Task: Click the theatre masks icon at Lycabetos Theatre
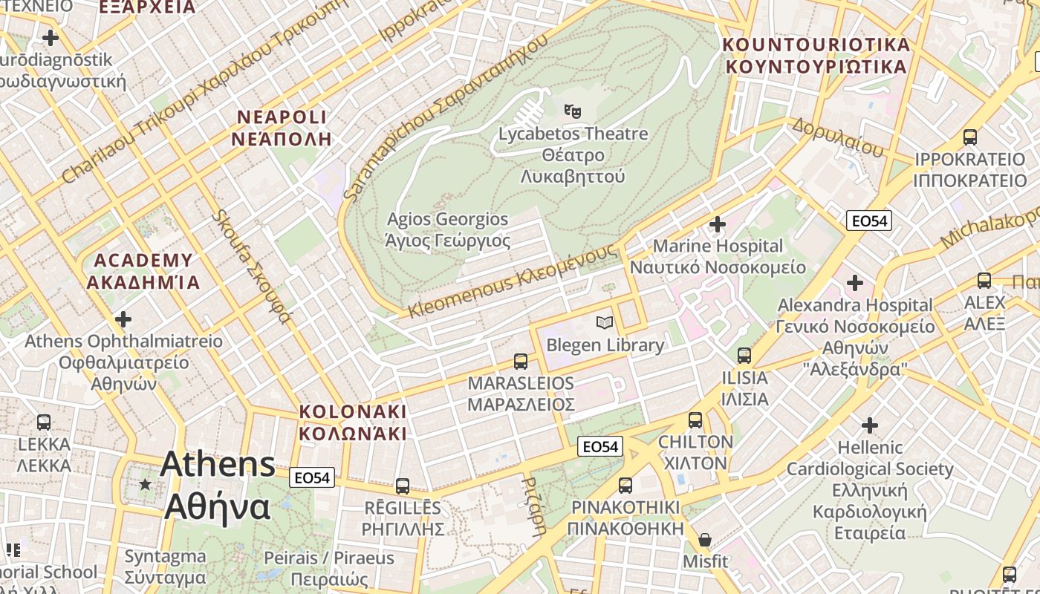pos(572,111)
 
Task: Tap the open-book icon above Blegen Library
pos(605,323)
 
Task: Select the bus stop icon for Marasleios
pos(521,362)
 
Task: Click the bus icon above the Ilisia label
pos(744,356)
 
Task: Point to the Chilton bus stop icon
pos(695,420)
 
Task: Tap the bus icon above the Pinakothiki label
pos(625,486)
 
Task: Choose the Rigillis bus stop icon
pos(403,486)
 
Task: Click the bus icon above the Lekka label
pos(44,422)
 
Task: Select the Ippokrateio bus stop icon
pos(969,137)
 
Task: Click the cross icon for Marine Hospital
pos(718,223)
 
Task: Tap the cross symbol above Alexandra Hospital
pos(855,283)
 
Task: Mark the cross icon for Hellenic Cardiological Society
pos(870,425)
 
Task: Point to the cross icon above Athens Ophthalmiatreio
pos(123,319)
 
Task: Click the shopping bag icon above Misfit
pos(705,540)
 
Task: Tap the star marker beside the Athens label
pos(145,484)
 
